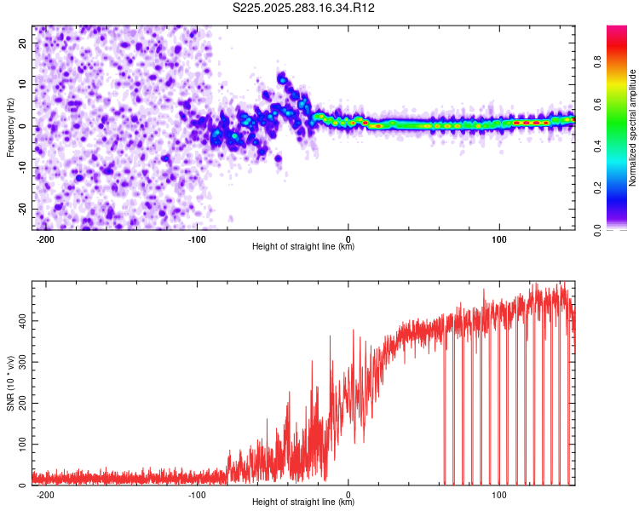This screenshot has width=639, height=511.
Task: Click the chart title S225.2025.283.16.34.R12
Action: pyautogui.click(x=304, y=9)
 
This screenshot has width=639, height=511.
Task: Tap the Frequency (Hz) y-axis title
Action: pyautogui.click(x=10, y=128)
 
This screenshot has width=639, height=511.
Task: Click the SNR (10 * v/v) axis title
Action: pyautogui.click(x=10, y=383)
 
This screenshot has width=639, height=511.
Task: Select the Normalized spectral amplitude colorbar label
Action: pyautogui.click(x=633, y=128)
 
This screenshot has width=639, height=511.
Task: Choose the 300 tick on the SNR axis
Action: pyautogui.click(x=20, y=362)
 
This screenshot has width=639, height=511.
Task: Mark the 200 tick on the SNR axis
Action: pyautogui.click(x=20, y=403)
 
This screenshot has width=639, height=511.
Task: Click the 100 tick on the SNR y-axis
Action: pyautogui.click(x=20, y=445)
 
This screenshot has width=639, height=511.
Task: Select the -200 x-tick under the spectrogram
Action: pyautogui.click(x=46, y=239)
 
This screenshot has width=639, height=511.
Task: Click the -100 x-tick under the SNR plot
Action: pyautogui.click(x=198, y=495)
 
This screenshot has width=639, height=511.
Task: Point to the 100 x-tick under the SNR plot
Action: pyautogui.click(x=500, y=495)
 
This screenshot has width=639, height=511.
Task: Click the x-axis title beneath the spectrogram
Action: pyautogui.click(x=303, y=247)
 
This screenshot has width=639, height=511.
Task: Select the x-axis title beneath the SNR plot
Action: pyautogui.click(x=303, y=502)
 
